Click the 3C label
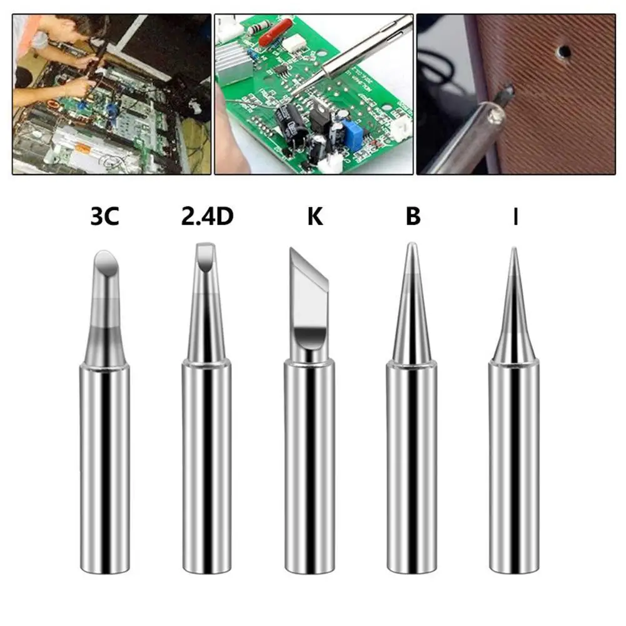pos(104,218)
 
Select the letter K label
pos(315,218)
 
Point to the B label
pos(413,218)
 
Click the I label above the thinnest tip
pos(515,218)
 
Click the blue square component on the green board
pos(355,135)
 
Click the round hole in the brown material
pos(564,49)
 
